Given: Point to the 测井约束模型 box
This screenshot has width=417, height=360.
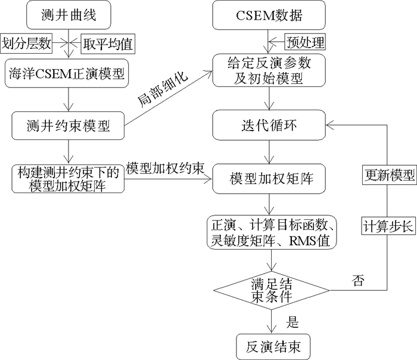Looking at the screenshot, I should pos(70,126).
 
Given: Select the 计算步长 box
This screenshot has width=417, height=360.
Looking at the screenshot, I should pos(389,226).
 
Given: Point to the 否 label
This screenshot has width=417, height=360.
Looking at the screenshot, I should pos(359,278).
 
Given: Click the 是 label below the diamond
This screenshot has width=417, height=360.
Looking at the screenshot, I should pos(292,322).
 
